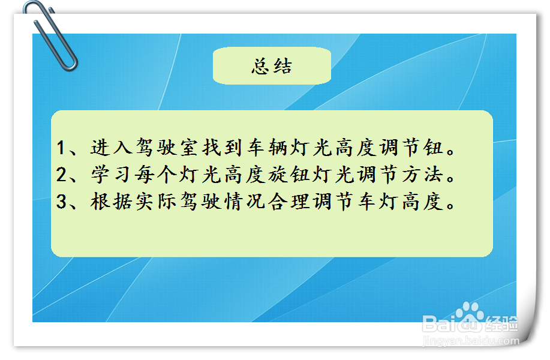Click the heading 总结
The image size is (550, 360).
click(x=272, y=66)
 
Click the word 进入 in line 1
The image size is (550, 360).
click(x=111, y=147)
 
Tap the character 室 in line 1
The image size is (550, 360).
click(x=190, y=147)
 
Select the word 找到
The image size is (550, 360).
click(x=222, y=147)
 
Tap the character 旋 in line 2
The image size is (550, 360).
click(x=278, y=175)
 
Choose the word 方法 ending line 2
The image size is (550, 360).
click(x=422, y=175)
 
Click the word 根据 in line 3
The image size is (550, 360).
click(x=111, y=202)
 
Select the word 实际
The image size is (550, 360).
click(x=156, y=202)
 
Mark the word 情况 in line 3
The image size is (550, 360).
click(x=245, y=202)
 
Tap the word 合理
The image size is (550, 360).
click(x=289, y=202)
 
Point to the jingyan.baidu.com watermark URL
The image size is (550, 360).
click(x=471, y=341)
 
